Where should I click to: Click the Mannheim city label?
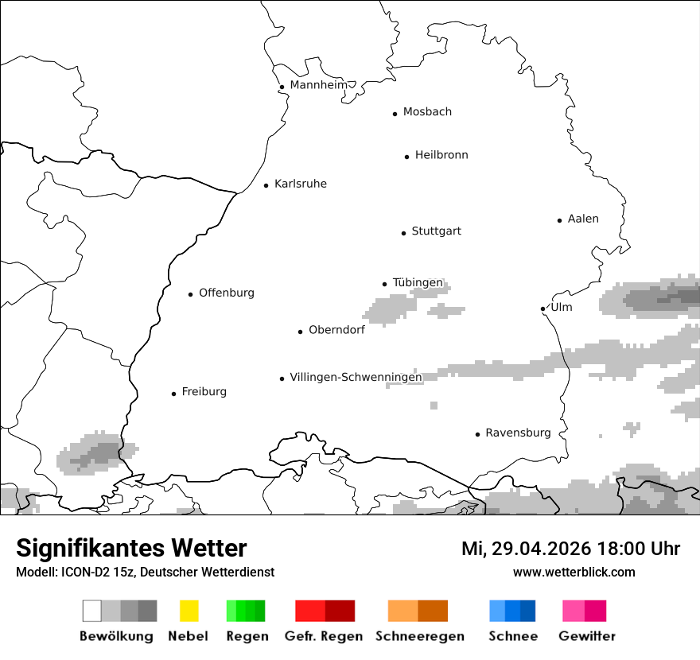(x=318, y=85)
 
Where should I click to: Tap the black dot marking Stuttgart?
(x=403, y=233)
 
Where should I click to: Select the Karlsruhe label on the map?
(x=300, y=184)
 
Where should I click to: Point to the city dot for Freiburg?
(x=173, y=394)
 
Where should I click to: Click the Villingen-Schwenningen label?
(x=356, y=377)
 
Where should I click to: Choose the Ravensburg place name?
(x=518, y=433)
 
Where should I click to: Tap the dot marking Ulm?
(x=542, y=309)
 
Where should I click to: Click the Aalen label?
(x=583, y=219)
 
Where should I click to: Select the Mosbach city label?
(x=427, y=112)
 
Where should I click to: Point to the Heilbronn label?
(x=441, y=155)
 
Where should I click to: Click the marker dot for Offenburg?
(x=190, y=294)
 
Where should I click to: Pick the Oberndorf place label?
(x=336, y=330)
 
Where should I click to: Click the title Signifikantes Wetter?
(x=131, y=548)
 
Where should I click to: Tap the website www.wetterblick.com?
(x=574, y=572)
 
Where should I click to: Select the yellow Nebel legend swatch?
(x=189, y=611)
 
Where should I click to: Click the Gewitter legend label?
(x=586, y=636)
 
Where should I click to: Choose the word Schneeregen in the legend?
(x=419, y=636)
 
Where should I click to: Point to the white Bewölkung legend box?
(x=92, y=611)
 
